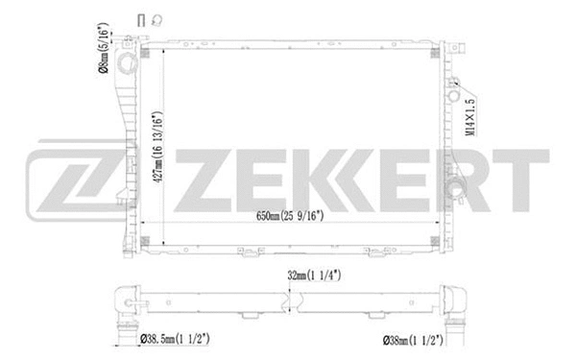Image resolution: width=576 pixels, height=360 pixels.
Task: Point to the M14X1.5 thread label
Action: [470, 114]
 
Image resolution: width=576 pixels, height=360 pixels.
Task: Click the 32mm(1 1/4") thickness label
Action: [317, 276]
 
